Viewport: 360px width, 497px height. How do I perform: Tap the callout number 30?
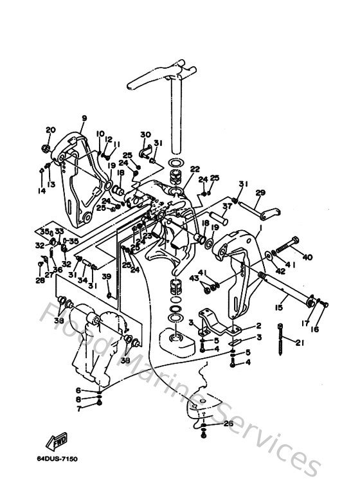pos(145,134)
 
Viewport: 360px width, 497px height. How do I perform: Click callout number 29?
pos(260,193)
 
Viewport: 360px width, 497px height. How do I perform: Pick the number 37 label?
pos(227,206)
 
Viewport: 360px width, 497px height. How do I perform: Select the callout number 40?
pos(307,257)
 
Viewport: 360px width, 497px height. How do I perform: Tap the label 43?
pos(194,278)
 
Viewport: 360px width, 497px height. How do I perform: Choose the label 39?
pos(107,276)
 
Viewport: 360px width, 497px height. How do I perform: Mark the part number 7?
pos(78,408)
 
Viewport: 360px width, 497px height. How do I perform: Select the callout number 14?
pos(42,191)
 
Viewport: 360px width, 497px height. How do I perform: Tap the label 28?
pos(40,280)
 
